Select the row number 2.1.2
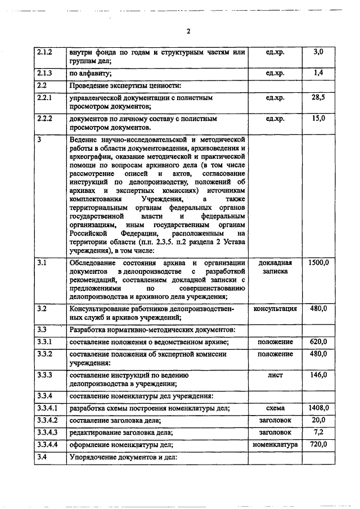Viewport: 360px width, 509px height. point(44,52)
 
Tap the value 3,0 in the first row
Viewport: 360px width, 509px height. point(318,52)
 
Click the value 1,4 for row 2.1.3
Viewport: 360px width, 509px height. point(318,73)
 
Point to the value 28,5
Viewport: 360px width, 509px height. point(318,97)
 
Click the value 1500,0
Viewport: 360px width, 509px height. point(318,263)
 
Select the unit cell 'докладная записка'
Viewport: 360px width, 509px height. point(275,267)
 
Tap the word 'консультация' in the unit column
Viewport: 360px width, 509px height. point(275,309)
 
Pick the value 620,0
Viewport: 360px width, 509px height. point(318,341)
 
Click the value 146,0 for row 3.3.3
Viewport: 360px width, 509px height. point(318,375)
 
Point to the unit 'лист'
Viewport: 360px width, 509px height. point(275,375)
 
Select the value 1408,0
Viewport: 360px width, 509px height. point(318,408)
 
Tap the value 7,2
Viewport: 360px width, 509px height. point(318,432)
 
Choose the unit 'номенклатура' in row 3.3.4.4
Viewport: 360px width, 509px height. point(275,444)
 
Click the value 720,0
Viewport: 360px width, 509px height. point(318,444)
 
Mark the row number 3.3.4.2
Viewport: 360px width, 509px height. point(47,420)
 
